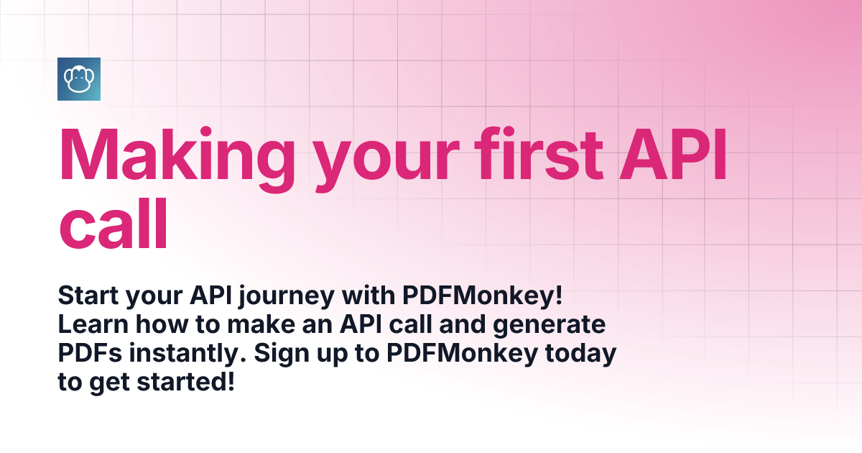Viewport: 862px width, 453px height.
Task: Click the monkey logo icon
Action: (x=79, y=79)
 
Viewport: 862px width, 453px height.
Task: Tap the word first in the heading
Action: (x=538, y=153)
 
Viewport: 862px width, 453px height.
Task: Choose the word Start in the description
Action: (x=88, y=296)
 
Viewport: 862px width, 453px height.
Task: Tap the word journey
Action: (x=287, y=297)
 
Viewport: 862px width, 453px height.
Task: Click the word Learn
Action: (x=93, y=324)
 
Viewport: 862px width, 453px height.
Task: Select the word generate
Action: (x=549, y=326)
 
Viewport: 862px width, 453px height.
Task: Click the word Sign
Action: (x=282, y=354)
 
